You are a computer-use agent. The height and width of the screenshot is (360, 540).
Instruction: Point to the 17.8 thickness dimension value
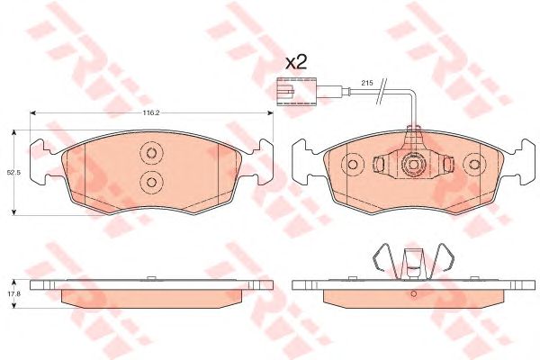tap(13, 292)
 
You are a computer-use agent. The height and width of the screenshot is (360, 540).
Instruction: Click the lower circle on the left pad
tap(149, 183)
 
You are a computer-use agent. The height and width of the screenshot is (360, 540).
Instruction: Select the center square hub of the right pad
tap(413, 165)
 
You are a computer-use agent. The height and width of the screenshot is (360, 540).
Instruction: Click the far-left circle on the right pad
tap(353, 164)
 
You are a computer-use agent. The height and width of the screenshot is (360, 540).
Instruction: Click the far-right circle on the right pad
tap(473, 164)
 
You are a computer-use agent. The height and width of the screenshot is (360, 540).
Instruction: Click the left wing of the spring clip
tap(382, 260)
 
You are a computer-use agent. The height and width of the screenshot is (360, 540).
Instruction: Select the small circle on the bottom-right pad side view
tap(413, 293)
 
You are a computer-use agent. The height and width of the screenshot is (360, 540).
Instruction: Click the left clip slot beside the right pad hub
tap(382, 164)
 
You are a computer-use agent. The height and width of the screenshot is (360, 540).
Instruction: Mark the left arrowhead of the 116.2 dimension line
tap(34, 113)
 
